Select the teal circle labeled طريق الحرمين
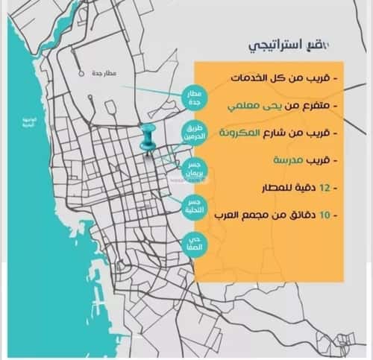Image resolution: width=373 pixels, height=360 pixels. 195,133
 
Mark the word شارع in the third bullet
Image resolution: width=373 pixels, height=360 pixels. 275,133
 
